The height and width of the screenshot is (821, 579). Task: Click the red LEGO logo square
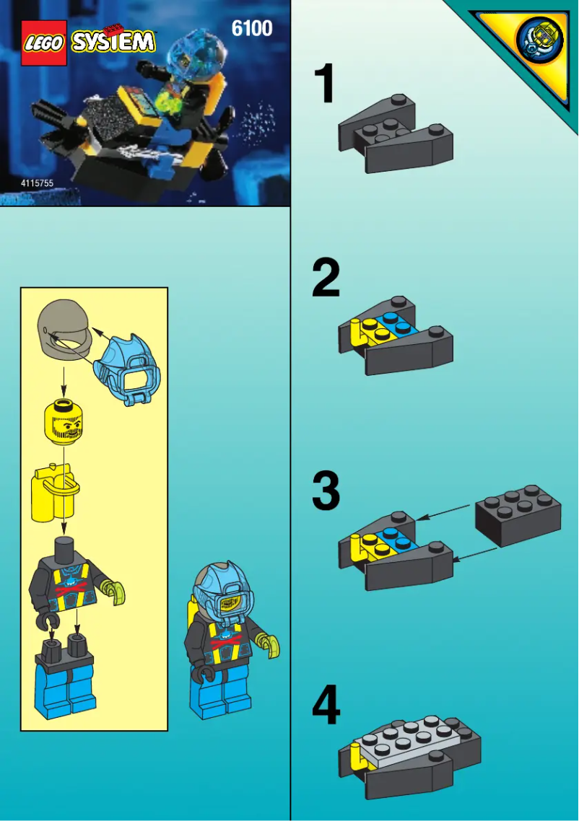pos(44,43)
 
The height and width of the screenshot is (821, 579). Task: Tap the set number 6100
pos(252,29)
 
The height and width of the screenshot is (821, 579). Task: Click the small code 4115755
pos(38,183)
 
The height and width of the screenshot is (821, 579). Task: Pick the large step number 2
pos(326,279)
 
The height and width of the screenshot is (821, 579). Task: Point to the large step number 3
pos(326,491)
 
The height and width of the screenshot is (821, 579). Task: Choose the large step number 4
pos(326,705)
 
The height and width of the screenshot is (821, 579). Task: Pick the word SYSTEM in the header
pos(113,43)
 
